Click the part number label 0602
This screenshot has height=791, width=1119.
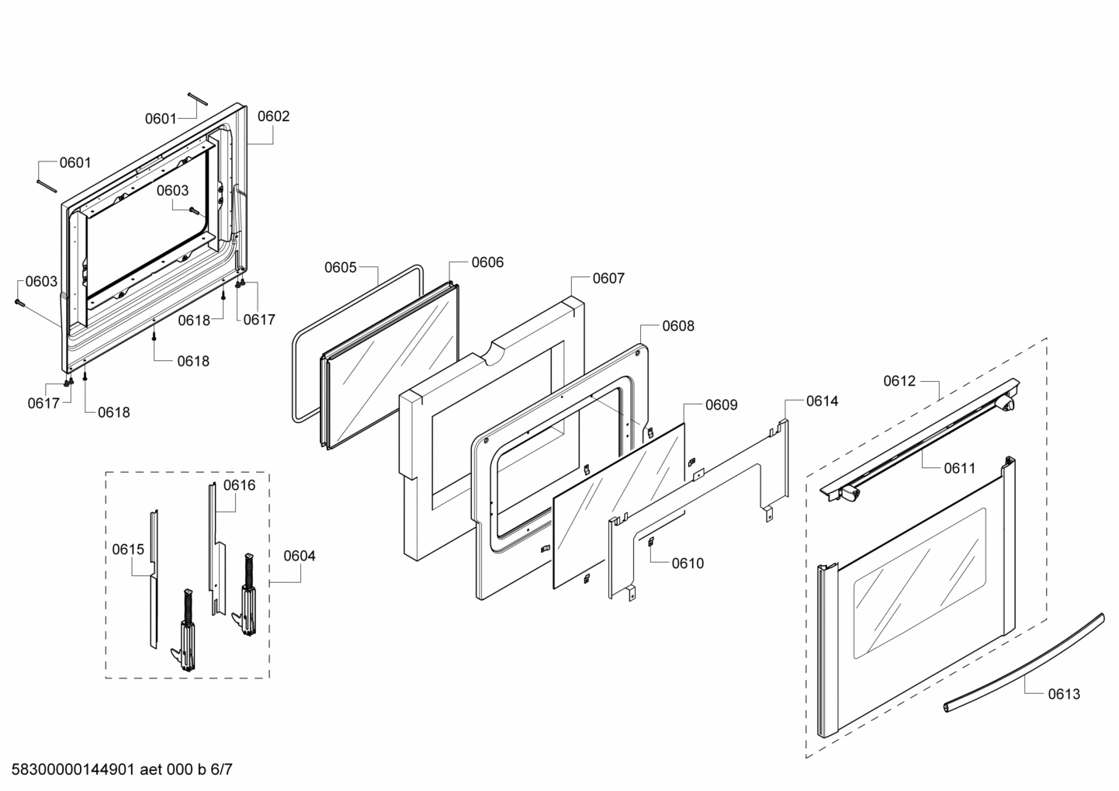pyautogui.click(x=273, y=116)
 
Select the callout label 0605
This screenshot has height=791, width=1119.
pyautogui.click(x=340, y=268)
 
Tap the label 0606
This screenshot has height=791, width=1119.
pyautogui.click(x=487, y=262)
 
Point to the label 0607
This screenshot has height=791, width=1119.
pyautogui.click(x=608, y=278)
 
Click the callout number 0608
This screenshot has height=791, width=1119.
pyautogui.click(x=678, y=326)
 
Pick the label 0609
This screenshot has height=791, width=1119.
pyautogui.click(x=721, y=405)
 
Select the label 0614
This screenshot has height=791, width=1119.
pyautogui.click(x=822, y=401)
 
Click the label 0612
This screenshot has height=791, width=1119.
pyautogui.click(x=899, y=381)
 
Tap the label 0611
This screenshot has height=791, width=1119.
pyautogui.click(x=960, y=468)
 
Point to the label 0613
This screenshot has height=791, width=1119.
pyautogui.click(x=1064, y=694)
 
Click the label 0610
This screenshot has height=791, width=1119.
pyautogui.click(x=688, y=564)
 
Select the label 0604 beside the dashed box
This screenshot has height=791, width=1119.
pyautogui.click(x=300, y=556)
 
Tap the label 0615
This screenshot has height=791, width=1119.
pyautogui.click(x=128, y=550)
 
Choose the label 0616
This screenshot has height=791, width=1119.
pyautogui.click(x=239, y=486)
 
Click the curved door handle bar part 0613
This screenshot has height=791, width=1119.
pyautogui.click(x=1024, y=661)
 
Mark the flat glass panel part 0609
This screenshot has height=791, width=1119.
pyautogui.click(x=621, y=505)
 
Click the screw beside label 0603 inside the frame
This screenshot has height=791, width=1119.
pyautogui.click(x=194, y=210)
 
